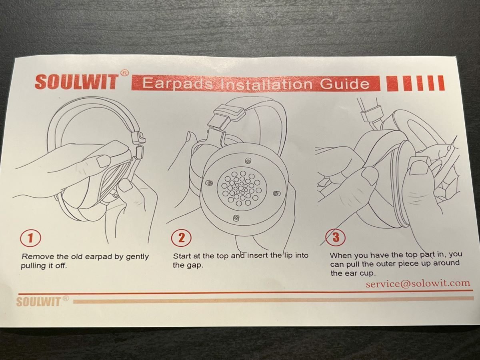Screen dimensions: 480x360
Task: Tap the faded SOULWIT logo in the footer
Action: pyautogui.click(x=38, y=302)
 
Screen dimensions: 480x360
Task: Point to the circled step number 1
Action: pyautogui.click(x=30, y=238)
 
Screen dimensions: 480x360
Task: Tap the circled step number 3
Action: pyautogui.click(x=336, y=237)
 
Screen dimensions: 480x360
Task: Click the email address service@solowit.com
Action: pyautogui.click(x=418, y=283)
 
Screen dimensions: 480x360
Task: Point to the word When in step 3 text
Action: pyautogui.click(x=341, y=255)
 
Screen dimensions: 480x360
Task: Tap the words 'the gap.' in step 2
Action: pyautogui.click(x=188, y=266)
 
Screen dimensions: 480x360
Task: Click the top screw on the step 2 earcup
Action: pyautogui.click(x=248, y=161)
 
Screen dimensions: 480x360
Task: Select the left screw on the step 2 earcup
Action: pyautogui.click(x=209, y=183)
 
